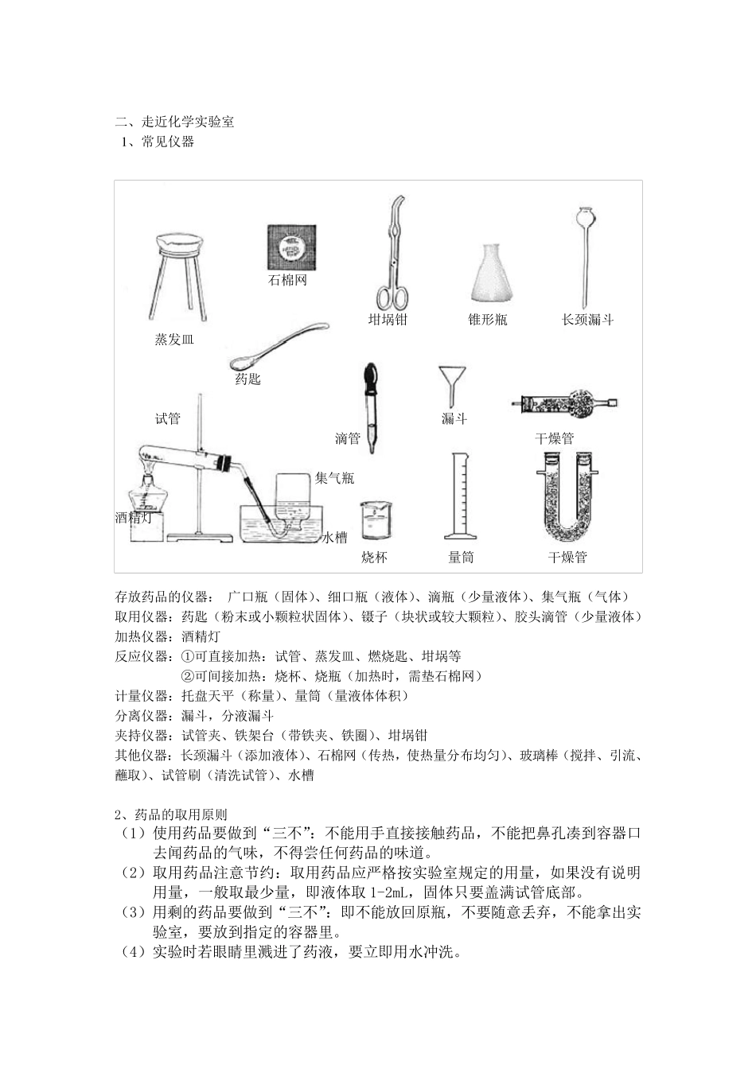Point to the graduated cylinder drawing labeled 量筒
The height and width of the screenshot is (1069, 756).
coord(459,498)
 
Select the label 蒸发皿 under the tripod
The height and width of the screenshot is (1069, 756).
coord(174,340)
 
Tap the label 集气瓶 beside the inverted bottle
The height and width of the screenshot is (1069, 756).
coord(334,478)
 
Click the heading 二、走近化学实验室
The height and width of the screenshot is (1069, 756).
coord(174,122)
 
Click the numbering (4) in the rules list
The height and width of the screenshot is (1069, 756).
coord(132,952)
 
